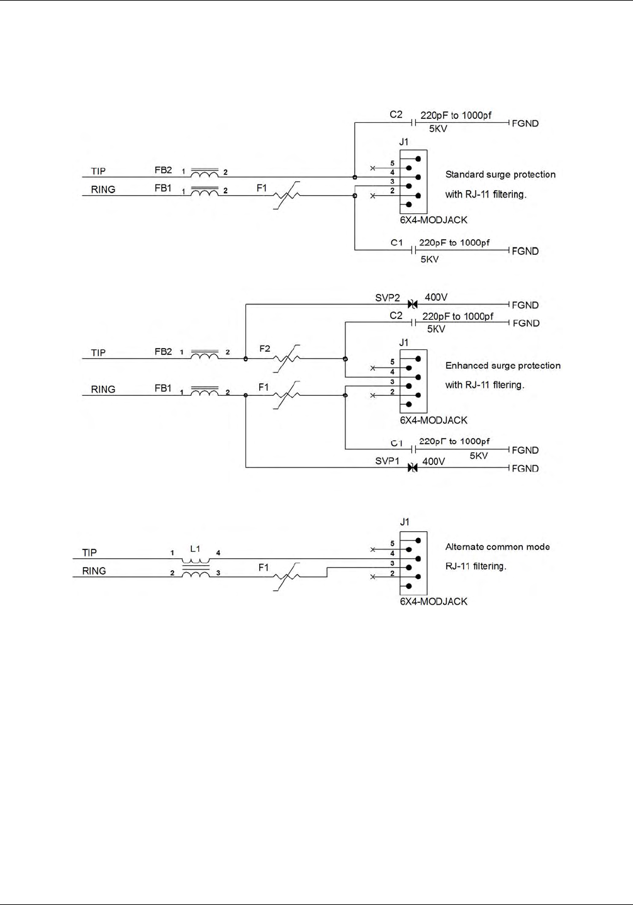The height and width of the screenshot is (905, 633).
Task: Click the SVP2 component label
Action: (387, 298)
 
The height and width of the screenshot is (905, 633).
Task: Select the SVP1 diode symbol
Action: (412, 468)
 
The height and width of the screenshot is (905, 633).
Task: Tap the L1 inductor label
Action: (195, 549)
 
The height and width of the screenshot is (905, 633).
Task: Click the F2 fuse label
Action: (265, 348)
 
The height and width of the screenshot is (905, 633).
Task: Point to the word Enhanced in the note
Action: (468, 365)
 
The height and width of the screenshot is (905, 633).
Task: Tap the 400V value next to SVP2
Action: (436, 297)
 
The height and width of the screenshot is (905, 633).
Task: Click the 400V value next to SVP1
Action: (434, 461)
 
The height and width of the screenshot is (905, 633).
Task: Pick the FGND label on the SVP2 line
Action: (525, 305)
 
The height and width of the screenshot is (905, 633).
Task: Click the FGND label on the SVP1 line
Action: (525, 468)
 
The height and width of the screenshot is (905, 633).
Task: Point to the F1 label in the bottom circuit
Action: (264, 568)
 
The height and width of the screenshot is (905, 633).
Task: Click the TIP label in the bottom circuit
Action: (89, 553)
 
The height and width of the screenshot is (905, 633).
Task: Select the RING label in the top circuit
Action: (103, 189)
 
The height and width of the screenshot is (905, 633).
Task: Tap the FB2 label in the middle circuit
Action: (163, 352)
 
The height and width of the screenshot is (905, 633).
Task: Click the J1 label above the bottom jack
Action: (405, 522)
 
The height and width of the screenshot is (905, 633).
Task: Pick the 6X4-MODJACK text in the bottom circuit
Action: (434, 601)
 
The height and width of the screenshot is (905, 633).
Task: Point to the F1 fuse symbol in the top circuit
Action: (286, 196)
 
